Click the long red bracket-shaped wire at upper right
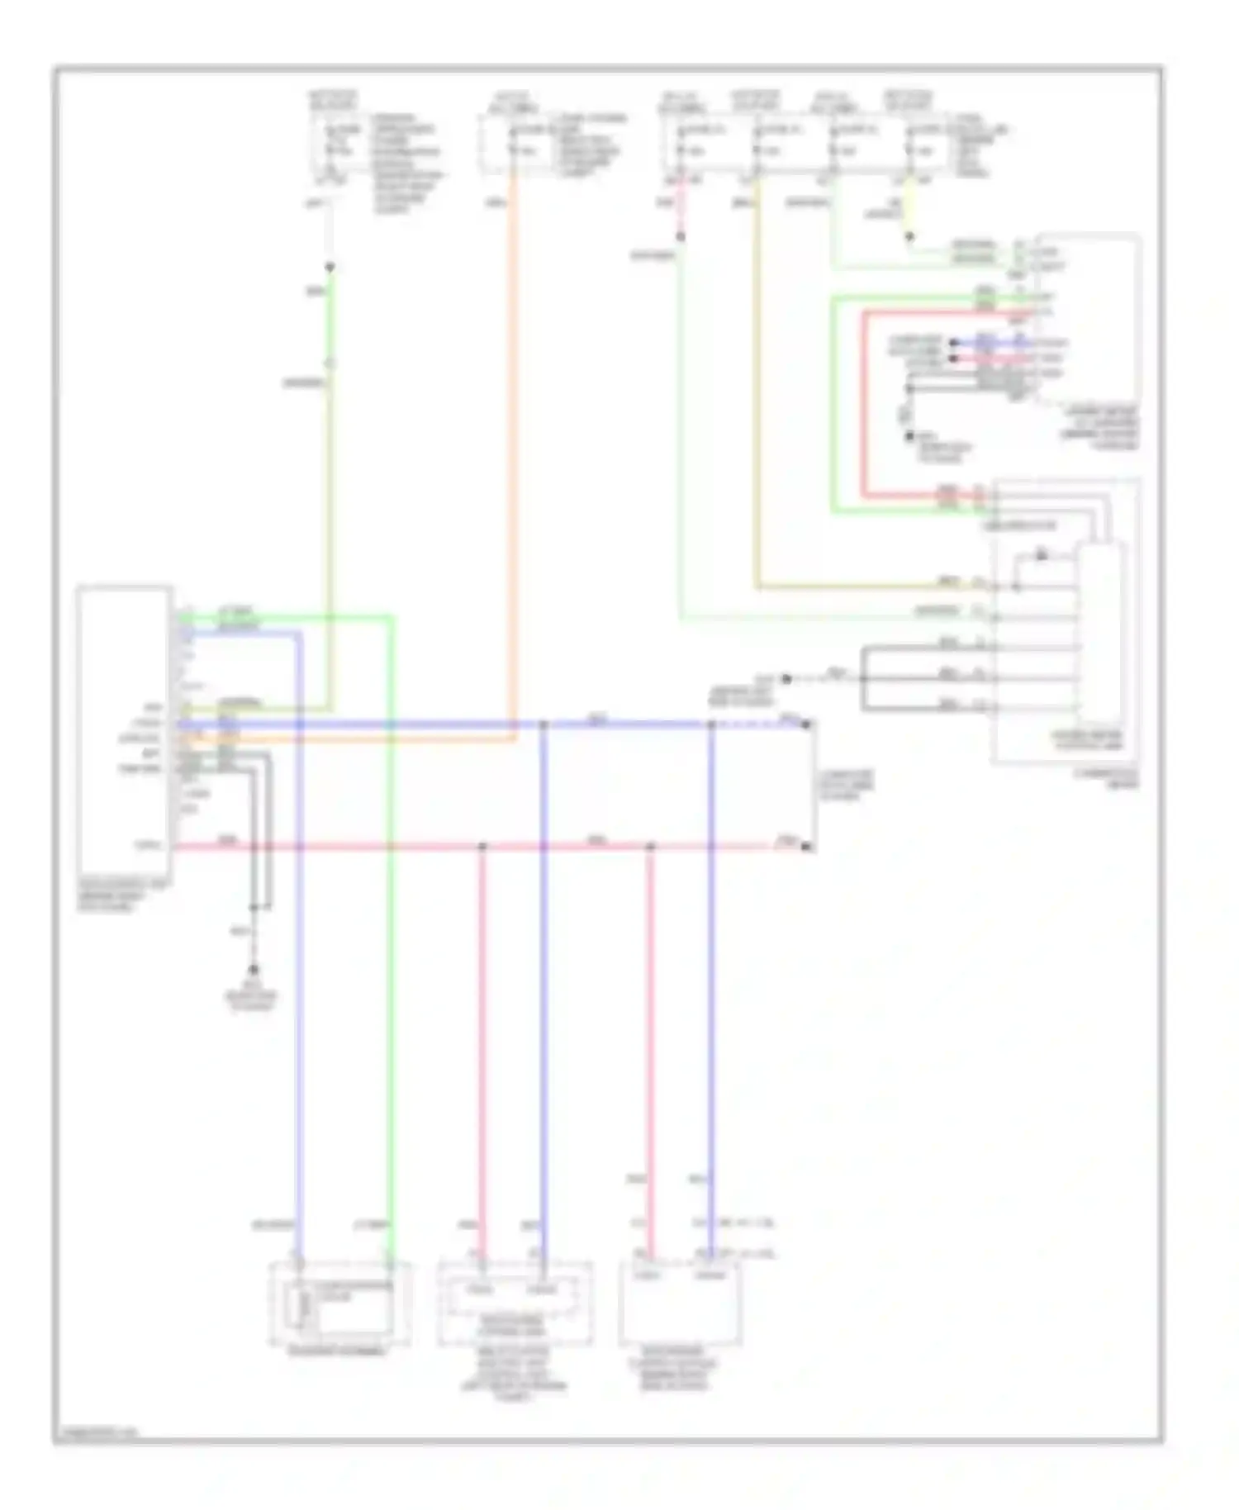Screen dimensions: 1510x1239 863,405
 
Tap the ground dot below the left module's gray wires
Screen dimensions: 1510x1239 254,970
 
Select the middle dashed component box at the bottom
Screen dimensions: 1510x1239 515,1304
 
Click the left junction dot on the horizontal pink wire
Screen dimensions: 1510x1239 482,847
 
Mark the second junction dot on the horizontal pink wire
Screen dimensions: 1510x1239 650,847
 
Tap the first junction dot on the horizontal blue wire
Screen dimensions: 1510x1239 543,724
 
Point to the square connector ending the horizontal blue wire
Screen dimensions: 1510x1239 807,724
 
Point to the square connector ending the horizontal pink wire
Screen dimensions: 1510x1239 807,847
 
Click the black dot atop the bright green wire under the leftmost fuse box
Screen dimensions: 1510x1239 330,268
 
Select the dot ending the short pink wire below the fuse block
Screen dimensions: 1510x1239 681,237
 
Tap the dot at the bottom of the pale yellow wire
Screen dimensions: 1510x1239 909,237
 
